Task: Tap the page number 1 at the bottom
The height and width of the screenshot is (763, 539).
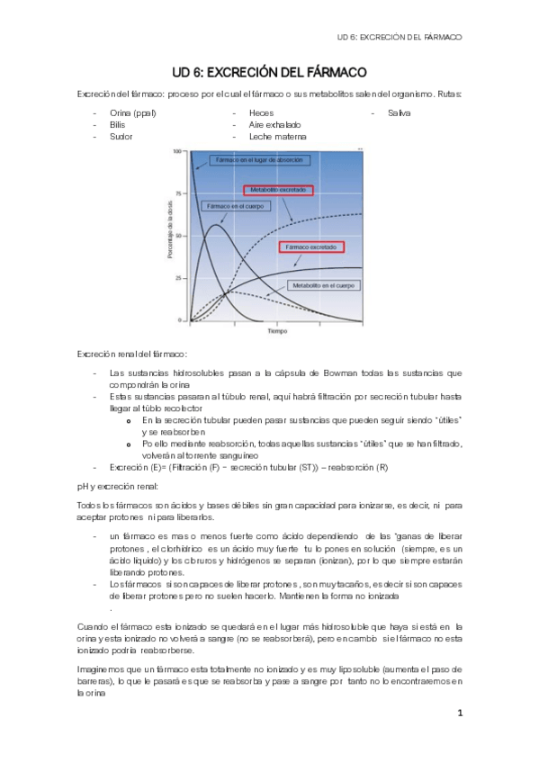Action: pos(459,713)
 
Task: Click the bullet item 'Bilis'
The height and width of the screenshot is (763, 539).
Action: pos(118,125)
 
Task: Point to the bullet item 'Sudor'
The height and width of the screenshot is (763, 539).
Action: pos(121,137)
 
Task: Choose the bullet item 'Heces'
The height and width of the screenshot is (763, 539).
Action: pos(261,113)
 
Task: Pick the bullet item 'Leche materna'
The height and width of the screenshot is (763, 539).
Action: pos(277,137)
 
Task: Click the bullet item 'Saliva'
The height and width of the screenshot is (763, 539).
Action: pos(399,113)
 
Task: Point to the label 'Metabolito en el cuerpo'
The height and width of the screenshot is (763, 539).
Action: pos(322,285)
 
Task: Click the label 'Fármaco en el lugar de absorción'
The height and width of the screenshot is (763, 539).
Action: pos(256,160)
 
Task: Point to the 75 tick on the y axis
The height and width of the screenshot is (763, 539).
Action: pos(180,193)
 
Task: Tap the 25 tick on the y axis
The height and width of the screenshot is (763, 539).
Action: pos(180,278)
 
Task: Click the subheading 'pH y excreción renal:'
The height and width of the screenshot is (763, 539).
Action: pos(117,486)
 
